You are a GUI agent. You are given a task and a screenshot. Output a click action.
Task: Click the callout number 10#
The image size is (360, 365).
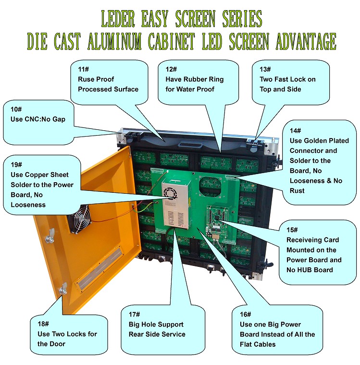[16, 109]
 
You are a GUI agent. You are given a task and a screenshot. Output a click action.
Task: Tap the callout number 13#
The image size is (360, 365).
[265, 69]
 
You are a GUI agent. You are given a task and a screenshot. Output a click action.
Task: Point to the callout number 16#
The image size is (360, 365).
[246, 315]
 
